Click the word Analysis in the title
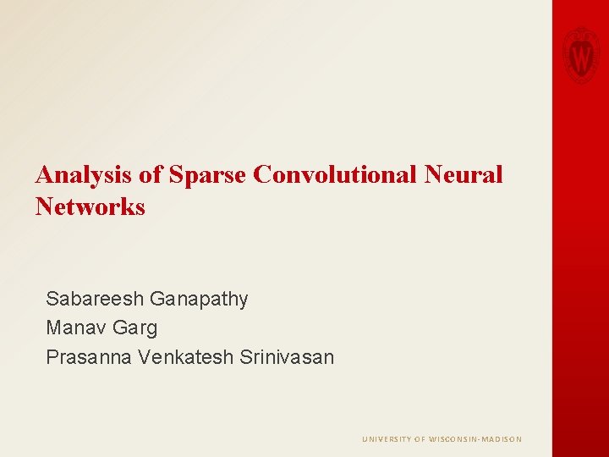[x=82, y=175]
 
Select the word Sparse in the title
[x=207, y=175]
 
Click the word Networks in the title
[x=91, y=206]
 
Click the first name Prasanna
[x=89, y=357]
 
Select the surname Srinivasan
[x=287, y=357]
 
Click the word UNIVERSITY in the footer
[x=387, y=439]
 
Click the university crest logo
[x=581, y=53]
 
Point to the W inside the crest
[x=581, y=58]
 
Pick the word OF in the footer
[x=420, y=439]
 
